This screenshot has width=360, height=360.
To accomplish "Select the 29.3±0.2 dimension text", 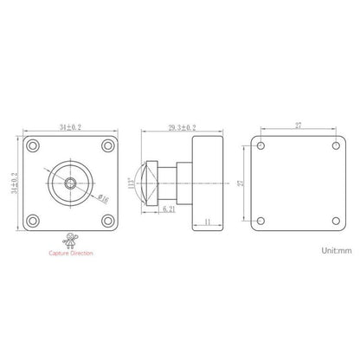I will tap(182, 126).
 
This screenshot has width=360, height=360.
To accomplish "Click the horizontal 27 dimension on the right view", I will tap(299, 126).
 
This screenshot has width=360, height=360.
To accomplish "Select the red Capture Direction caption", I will tap(70, 253).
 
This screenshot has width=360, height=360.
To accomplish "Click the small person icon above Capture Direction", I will tap(70, 239).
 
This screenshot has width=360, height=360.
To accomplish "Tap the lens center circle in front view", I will tap(70, 182).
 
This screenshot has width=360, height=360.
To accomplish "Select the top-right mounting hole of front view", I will tap(106, 145).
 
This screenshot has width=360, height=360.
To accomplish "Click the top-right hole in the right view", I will tap(335, 145).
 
